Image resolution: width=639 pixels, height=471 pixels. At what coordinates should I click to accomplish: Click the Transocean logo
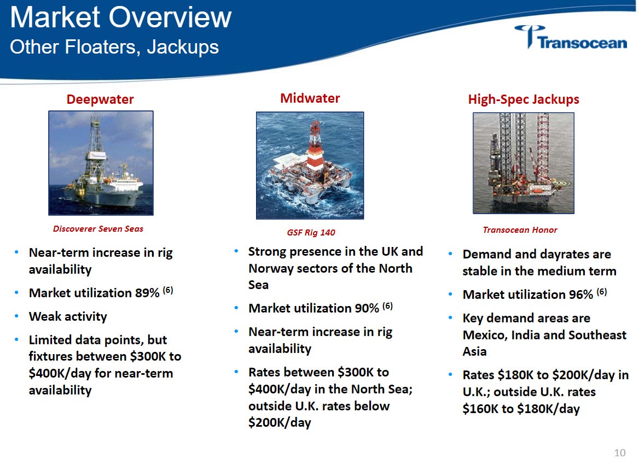tap(571, 38)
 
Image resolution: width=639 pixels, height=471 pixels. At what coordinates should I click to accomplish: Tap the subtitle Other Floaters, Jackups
tap(114, 47)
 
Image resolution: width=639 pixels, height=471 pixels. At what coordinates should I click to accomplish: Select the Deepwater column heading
tap(100, 99)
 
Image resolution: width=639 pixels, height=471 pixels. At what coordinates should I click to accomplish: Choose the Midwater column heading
tap(310, 98)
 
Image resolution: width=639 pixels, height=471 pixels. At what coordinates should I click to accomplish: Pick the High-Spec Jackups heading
tap(523, 99)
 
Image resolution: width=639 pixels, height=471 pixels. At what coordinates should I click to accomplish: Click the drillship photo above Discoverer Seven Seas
tap(101, 163)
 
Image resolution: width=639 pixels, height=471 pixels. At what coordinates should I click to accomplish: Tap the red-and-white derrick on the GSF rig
tap(315, 146)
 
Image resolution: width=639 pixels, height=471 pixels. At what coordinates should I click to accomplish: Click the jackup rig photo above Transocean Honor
tap(523, 163)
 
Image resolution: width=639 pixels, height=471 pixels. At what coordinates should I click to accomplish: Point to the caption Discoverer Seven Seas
tap(98, 229)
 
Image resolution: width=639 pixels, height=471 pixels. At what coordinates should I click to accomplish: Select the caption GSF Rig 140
tap(311, 232)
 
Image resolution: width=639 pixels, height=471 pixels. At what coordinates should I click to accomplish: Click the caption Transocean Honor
tap(520, 230)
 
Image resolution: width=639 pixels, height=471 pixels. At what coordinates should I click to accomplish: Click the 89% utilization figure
tap(147, 293)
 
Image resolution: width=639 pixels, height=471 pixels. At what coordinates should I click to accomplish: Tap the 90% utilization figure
tap(367, 308)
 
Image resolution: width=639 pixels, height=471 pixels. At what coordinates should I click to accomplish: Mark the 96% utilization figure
tap(580, 295)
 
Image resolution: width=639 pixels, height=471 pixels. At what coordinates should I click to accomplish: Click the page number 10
tap(620, 452)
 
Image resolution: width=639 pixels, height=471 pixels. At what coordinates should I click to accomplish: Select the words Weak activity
tap(68, 316)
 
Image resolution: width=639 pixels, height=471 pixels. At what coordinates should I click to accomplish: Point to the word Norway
tap(271, 268)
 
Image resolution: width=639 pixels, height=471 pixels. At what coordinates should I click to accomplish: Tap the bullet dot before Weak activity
tap(16, 316)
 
